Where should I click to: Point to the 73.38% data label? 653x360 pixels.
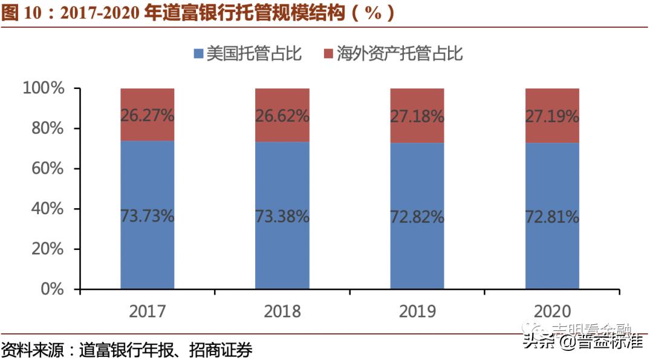282,217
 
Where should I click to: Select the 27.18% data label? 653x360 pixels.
417,116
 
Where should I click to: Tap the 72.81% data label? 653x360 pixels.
552,217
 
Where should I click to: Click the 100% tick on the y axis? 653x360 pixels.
43,88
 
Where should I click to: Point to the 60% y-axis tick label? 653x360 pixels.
47,169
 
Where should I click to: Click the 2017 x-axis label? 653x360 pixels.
148,311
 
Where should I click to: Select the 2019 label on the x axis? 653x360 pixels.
417,311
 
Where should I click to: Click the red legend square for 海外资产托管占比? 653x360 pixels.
328,54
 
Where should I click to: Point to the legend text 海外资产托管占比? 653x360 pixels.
400,54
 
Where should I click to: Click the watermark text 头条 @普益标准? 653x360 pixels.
583,342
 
